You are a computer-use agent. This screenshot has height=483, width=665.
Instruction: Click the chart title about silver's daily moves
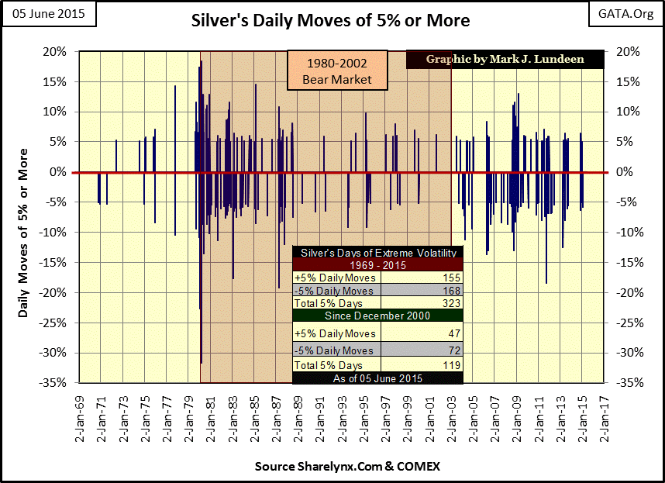[x=330, y=20]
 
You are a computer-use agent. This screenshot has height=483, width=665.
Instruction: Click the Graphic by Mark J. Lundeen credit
[x=504, y=60]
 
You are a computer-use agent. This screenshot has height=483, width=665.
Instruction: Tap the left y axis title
[x=23, y=216]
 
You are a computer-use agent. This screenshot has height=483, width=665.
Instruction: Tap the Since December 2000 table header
[x=377, y=316]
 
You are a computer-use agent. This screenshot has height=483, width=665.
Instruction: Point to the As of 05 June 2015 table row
[x=377, y=378]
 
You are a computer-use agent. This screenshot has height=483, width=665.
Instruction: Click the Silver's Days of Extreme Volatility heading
[x=377, y=253]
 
